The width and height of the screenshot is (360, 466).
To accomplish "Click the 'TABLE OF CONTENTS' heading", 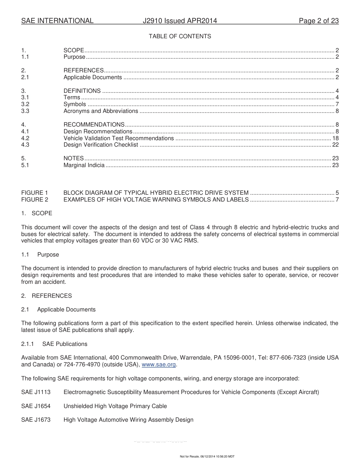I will click(x=180, y=36).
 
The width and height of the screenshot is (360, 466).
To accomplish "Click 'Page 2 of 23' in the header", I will click(x=318, y=21).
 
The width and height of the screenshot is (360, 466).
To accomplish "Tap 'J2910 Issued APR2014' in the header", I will click(x=180, y=21).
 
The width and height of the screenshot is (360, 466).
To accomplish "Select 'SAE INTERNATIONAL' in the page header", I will click(x=57, y=21).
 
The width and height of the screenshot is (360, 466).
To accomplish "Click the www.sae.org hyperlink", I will click(x=159, y=364).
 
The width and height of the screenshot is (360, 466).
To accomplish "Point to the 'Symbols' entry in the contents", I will click(x=75, y=104).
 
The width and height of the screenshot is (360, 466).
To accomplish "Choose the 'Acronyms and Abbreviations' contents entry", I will click(x=101, y=111).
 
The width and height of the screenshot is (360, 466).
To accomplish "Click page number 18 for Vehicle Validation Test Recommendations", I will click(x=335, y=138).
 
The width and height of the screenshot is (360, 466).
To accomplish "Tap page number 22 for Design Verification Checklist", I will click(x=335, y=145).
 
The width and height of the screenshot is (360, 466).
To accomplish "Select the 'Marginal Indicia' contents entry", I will click(x=84, y=165).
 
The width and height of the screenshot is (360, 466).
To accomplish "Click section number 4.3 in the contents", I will click(x=25, y=145).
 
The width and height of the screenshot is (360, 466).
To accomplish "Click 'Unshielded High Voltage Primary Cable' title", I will click(x=115, y=406).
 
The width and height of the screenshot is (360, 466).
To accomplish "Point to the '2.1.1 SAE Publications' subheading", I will click(x=54, y=344).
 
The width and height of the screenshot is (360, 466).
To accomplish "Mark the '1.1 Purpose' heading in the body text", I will click(x=40, y=255).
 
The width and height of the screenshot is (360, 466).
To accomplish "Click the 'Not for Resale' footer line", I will click(x=207, y=457).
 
